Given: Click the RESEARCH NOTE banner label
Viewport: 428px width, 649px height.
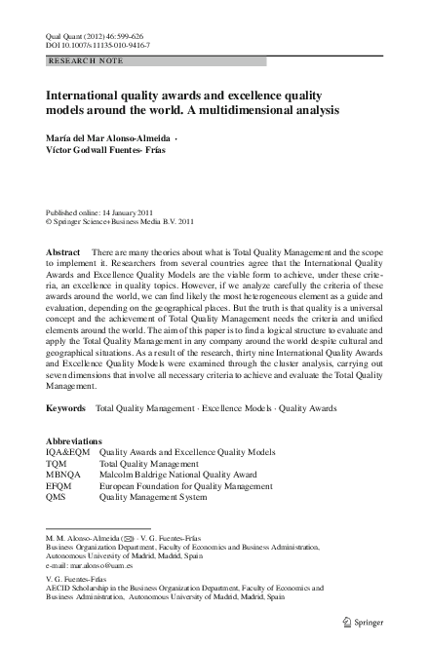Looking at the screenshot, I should point(78,60).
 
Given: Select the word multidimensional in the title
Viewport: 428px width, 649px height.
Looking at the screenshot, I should point(255,111).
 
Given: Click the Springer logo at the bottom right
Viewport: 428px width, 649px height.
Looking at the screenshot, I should point(373,621).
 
